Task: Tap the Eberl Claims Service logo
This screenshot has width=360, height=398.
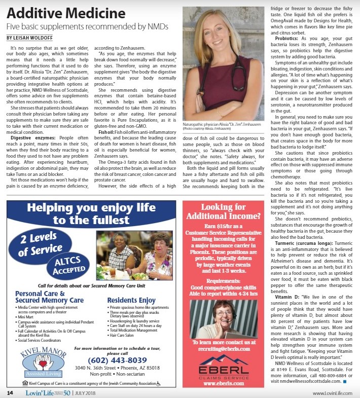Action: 224,364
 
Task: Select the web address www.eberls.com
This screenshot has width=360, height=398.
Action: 224,383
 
